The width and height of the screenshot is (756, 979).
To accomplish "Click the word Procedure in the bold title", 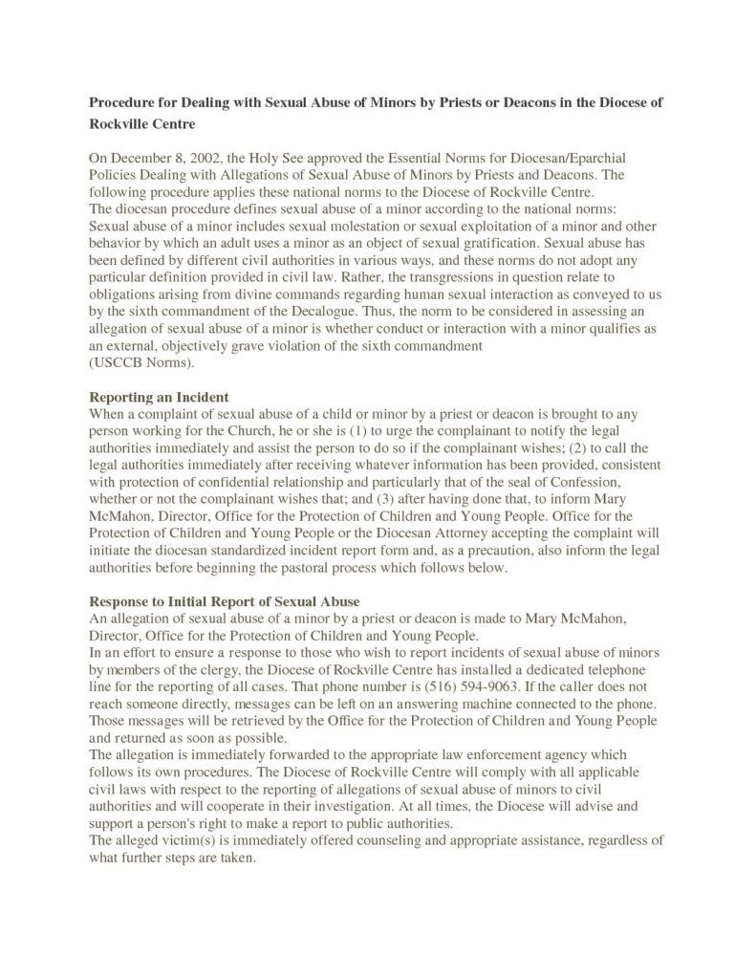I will [122, 101].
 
